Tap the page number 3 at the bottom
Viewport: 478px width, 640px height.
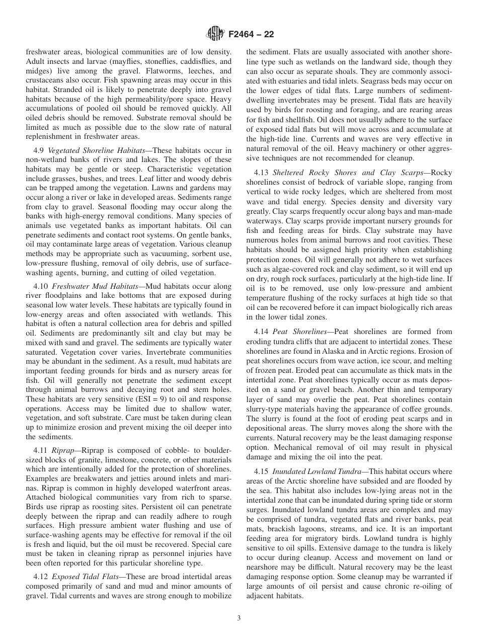click(239, 619)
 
